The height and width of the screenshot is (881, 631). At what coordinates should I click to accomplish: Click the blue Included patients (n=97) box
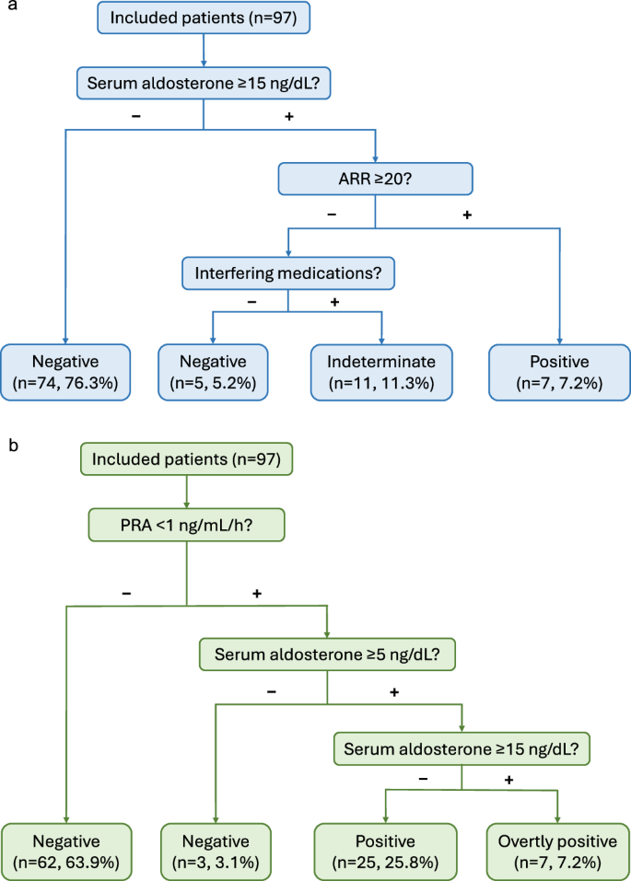click(204, 17)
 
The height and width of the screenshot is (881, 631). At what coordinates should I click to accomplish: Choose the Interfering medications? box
click(288, 272)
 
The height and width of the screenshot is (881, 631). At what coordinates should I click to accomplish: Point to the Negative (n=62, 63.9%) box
click(66, 852)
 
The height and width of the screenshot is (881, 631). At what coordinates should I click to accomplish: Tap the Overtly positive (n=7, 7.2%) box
click(558, 852)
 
